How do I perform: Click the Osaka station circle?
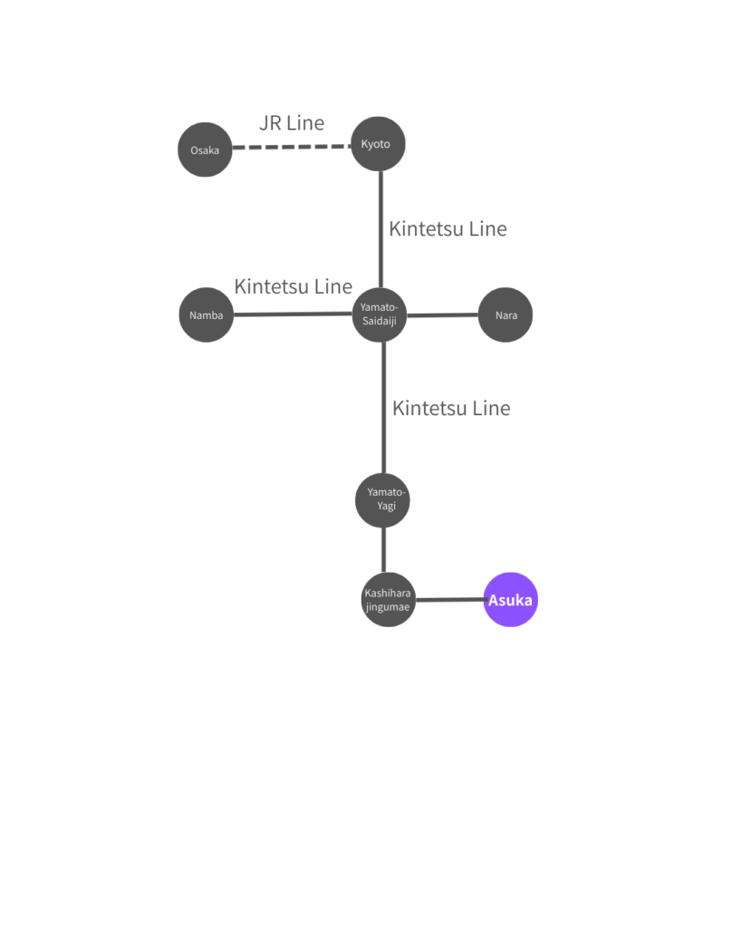(x=205, y=150)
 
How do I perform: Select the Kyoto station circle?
(x=378, y=144)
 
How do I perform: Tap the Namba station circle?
(x=207, y=315)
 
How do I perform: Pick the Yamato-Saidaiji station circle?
(x=380, y=314)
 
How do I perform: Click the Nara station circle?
(x=506, y=315)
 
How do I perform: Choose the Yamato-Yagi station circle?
(x=382, y=499)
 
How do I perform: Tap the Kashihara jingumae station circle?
(x=388, y=599)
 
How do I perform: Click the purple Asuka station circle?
(x=511, y=599)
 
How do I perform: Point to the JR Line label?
(x=292, y=123)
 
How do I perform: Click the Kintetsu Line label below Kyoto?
(x=448, y=229)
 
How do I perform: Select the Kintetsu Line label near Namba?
(x=293, y=287)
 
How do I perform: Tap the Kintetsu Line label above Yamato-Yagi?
(x=451, y=409)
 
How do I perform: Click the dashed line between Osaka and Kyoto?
(x=292, y=147)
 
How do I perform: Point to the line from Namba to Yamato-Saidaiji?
(x=292, y=314)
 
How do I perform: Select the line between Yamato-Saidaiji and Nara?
(x=442, y=315)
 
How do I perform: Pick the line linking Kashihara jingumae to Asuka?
(x=449, y=600)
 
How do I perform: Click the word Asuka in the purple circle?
(x=511, y=600)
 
